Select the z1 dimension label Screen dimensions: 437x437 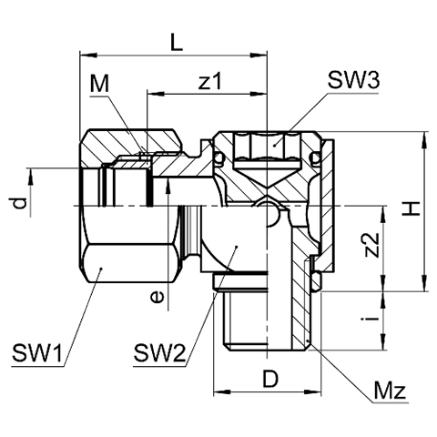point(210,81)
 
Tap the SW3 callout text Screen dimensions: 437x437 point(353,80)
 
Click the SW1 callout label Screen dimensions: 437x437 point(36,352)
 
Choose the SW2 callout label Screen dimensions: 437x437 point(159,352)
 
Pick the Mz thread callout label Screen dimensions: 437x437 point(390,391)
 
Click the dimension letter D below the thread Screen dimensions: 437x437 point(270,379)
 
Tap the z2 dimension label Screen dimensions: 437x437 point(371,245)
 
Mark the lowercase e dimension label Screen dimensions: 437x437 point(157,297)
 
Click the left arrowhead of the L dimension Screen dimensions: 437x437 point(88,56)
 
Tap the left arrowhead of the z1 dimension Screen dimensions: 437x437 point(155,94)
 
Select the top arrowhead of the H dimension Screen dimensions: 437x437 point(423,140)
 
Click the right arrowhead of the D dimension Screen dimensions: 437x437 point(312,391)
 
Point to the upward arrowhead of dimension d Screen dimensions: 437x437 point(30,177)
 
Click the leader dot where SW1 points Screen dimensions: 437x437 point(102,269)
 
